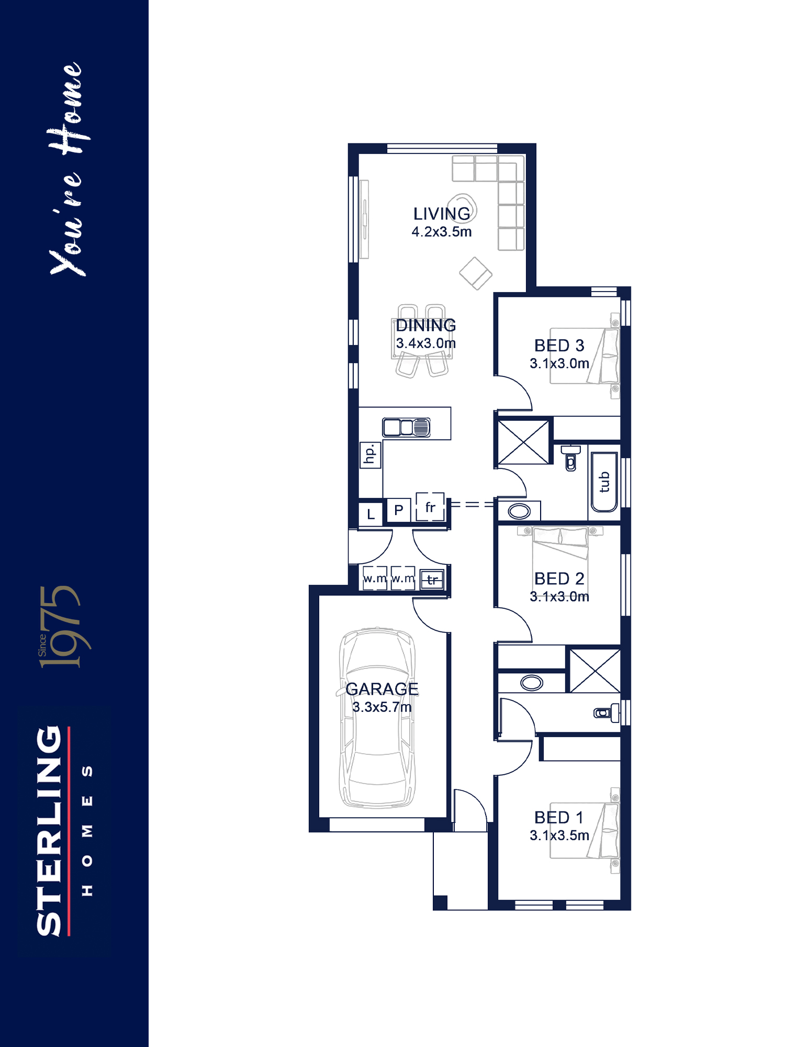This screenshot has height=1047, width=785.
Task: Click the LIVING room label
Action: tap(442, 214)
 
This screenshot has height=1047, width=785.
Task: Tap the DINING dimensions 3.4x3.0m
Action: tap(426, 343)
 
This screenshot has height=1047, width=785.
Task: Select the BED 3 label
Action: tap(559, 346)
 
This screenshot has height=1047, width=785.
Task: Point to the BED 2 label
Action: tap(559, 578)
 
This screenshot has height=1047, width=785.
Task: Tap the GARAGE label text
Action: tap(382, 689)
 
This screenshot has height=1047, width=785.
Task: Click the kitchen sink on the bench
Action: tap(406, 427)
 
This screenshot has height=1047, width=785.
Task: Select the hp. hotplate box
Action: tap(370, 454)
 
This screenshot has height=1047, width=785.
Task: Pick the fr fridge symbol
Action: tap(430, 507)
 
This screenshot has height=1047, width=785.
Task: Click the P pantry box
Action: tap(399, 510)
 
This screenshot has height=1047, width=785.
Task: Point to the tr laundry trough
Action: tap(432, 580)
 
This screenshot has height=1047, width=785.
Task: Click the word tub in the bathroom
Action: tap(604, 482)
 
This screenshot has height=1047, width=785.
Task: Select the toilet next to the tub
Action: tap(570, 458)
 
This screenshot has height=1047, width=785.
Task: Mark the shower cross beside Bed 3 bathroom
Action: tap(523, 442)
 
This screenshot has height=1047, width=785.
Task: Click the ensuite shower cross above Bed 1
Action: tap(595, 671)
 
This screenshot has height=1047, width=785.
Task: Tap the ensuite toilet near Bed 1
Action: tap(607, 712)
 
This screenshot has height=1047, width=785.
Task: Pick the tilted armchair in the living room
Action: tap(476, 273)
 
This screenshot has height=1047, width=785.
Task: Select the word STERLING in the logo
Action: tap(50, 831)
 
